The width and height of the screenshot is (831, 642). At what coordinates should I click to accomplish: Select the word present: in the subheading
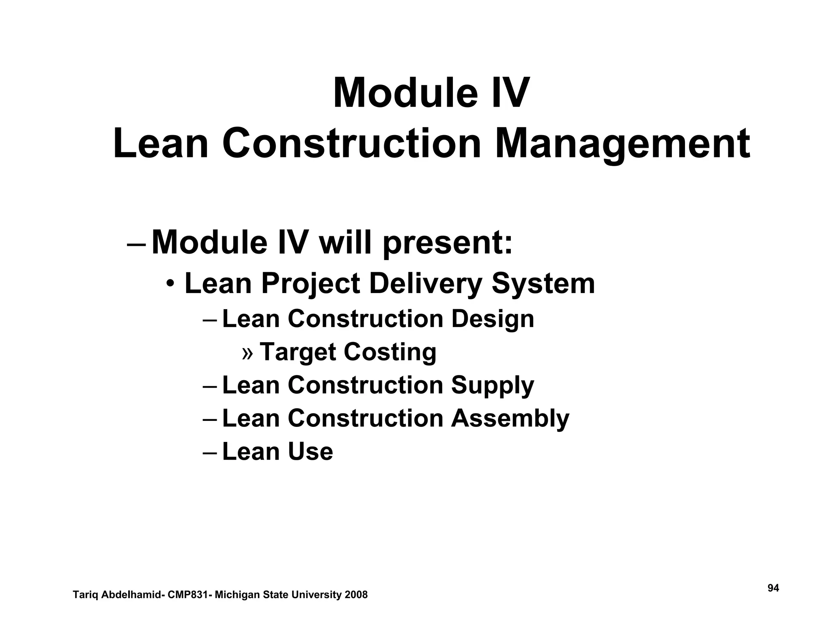click(x=448, y=243)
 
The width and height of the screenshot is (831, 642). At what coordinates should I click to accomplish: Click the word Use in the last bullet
click(x=310, y=451)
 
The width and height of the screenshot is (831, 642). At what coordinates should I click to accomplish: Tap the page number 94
click(x=773, y=588)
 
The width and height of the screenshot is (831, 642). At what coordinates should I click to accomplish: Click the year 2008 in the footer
click(x=356, y=595)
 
